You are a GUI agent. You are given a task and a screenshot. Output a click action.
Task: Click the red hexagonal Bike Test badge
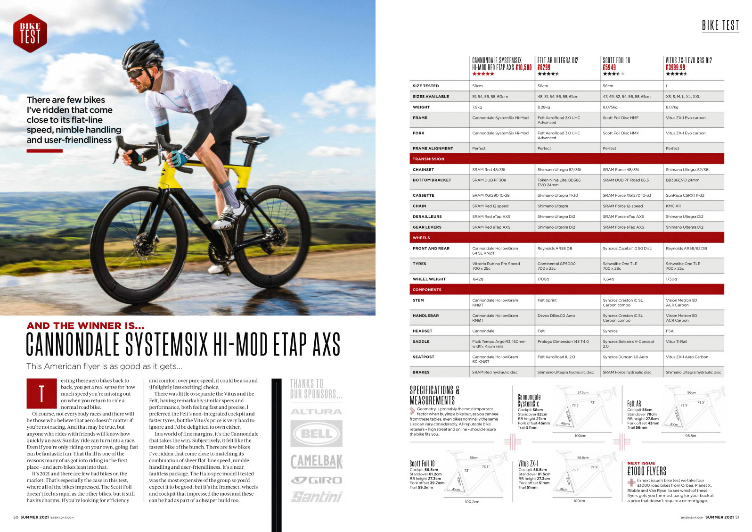click(30, 33)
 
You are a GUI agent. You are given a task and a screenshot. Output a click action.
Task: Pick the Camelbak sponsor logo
click(316, 461)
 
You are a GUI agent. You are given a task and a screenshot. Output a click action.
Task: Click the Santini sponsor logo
click(317, 497)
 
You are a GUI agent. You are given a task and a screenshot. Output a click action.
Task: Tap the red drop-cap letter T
click(41, 393)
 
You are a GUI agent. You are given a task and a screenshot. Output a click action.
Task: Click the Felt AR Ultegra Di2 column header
click(557, 60)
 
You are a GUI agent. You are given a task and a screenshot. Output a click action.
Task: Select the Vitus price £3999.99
click(675, 67)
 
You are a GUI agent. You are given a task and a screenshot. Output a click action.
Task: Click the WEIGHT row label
click(421, 107)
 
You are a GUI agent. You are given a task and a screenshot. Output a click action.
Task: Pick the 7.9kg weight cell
click(477, 107)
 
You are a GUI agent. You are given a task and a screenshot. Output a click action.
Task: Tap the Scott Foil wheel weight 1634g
click(608, 279)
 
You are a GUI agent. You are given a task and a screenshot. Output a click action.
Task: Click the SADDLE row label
click(421, 341)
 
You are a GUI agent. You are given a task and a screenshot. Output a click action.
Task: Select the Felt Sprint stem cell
click(547, 300)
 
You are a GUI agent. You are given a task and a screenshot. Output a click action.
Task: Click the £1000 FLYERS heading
click(646, 471)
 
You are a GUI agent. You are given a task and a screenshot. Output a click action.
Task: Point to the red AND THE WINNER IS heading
click(86, 326)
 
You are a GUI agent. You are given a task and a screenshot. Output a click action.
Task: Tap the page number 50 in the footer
click(16, 517)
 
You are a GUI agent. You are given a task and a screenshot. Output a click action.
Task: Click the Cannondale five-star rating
click(483, 74)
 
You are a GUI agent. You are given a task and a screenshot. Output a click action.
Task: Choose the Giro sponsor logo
click(316, 480)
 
